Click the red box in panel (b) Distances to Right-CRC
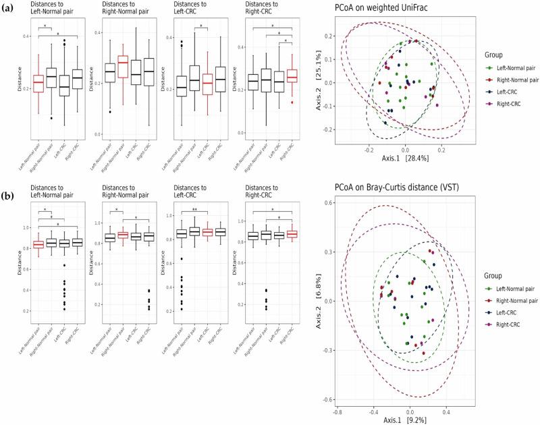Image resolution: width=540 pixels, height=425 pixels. point(292,233)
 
